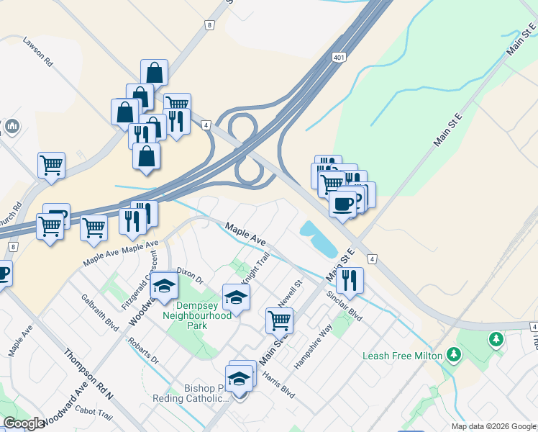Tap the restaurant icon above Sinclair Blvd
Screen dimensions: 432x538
(x=350, y=280)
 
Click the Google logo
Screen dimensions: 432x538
(x=23, y=423)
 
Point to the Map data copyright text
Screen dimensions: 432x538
(x=493, y=426)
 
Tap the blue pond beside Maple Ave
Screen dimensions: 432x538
(x=317, y=239)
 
